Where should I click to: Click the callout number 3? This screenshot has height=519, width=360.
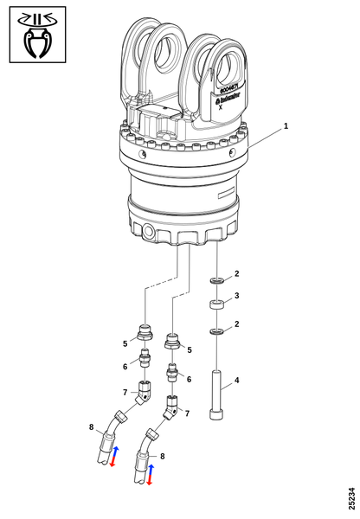pyautogui.click(x=237, y=296)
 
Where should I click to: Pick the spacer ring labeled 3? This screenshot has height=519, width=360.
pyautogui.click(x=216, y=304)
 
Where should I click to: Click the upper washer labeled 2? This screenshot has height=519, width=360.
pyautogui.click(x=216, y=281)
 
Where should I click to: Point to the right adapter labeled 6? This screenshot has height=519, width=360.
pyautogui.click(x=173, y=373)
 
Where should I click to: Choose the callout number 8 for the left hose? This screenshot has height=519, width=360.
pyautogui.click(x=91, y=426)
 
